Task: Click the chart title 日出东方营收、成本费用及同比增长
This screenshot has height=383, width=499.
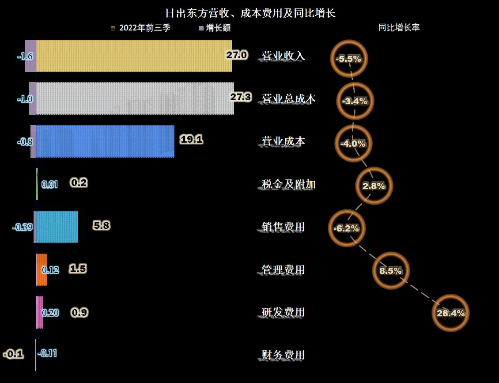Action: tap(250, 13)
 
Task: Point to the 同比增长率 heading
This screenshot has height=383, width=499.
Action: tap(399, 27)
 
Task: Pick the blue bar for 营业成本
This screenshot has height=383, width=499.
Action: tap(105, 141)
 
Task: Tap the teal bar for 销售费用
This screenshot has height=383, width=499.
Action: tap(57, 227)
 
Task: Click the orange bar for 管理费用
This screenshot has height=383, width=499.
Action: tap(42, 269)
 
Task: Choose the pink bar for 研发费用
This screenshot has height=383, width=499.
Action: tap(40, 312)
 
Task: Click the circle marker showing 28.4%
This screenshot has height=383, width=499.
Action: tap(450, 313)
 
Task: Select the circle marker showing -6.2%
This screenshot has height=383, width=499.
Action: tap(347, 228)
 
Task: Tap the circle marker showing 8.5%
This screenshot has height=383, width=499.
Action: tap(391, 270)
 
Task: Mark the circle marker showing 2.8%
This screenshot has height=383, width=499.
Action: tap(374, 186)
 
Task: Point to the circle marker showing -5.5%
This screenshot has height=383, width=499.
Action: tap(348, 58)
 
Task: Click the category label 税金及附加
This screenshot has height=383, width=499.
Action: tap(289, 184)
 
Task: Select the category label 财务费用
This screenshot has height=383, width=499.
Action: tap(283, 355)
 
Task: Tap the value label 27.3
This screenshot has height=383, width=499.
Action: tap(241, 97)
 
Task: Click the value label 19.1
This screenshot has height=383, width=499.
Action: tap(191, 140)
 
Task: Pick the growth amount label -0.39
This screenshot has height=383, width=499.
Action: tap(22, 227)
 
